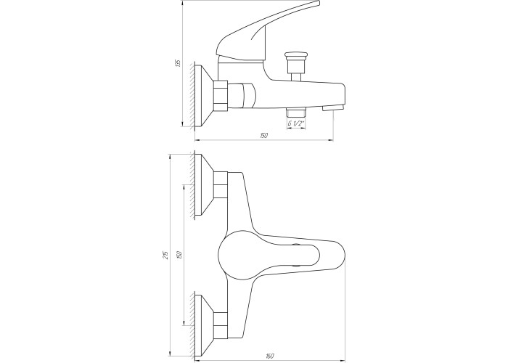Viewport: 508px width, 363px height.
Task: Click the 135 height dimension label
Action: (x=177, y=63)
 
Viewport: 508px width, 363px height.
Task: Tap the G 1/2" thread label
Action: (x=296, y=123)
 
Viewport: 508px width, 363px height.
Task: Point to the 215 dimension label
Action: (x=165, y=255)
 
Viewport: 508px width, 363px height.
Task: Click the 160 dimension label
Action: (x=270, y=356)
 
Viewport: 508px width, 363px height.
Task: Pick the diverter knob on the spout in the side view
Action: (x=296, y=67)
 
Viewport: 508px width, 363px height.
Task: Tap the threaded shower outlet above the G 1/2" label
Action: (x=296, y=113)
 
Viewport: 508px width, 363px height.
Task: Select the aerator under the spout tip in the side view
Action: (x=332, y=107)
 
